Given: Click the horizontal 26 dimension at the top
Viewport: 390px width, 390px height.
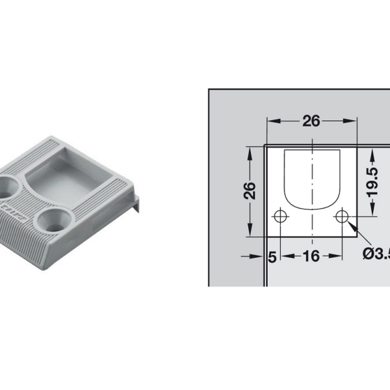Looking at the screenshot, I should click(311, 121).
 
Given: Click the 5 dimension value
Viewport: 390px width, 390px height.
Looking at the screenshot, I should click(272, 257).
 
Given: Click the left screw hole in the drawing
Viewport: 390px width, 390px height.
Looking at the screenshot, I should click(280, 216).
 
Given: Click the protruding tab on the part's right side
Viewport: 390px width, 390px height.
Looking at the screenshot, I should click(137, 203).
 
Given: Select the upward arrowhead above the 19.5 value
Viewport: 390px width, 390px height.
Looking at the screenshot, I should click(371, 153).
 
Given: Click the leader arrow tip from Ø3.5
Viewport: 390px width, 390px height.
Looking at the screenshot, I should click(349, 223).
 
